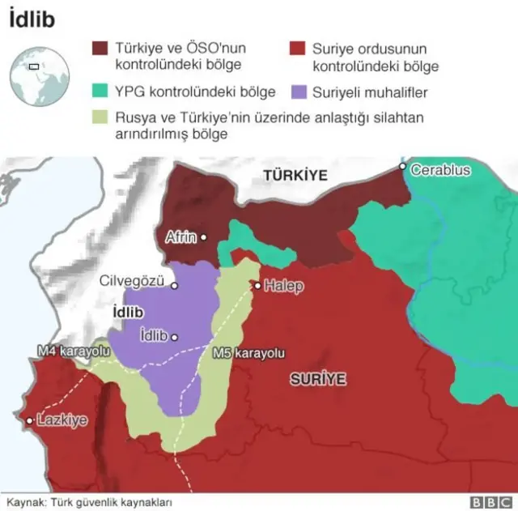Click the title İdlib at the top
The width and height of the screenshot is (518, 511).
pos(32,19)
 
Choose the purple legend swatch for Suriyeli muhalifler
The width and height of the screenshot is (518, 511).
pos(299,92)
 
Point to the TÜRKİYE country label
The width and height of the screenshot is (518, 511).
pos(294,175)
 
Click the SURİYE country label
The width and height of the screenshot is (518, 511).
pos(318,378)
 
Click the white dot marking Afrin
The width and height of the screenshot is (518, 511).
pos(204,237)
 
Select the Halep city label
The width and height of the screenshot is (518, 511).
pos(283,286)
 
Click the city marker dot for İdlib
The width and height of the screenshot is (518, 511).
pos(174,335)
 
